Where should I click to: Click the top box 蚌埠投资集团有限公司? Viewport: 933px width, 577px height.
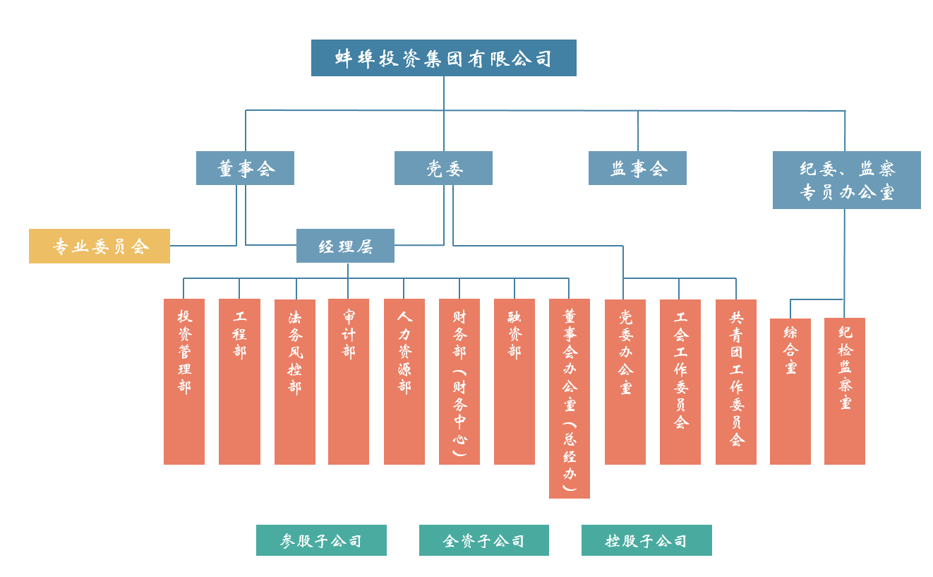pyautogui.click(x=443, y=58)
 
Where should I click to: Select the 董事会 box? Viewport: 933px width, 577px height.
pyautogui.click(x=245, y=168)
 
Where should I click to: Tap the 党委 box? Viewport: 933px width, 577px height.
pyautogui.click(x=443, y=168)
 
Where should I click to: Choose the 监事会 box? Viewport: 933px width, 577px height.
pyautogui.click(x=637, y=168)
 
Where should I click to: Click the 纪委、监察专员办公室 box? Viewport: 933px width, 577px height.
pyautogui.click(x=846, y=180)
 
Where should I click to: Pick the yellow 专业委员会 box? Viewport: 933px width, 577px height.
pyautogui.click(x=100, y=246)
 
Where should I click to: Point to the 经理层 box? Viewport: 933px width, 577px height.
pyautogui.click(x=345, y=246)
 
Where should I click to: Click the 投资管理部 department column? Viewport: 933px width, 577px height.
pyautogui.click(x=184, y=381)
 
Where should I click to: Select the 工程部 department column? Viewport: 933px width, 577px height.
pyautogui.click(x=239, y=381)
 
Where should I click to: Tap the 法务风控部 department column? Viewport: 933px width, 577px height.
pyautogui.click(x=295, y=381)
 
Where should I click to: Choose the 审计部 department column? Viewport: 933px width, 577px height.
pyautogui.click(x=349, y=381)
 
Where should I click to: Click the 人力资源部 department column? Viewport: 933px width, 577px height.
pyautogui.click(x=404, y=381)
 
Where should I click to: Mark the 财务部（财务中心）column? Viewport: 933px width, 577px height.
pyautogui.click(x=459, y=381)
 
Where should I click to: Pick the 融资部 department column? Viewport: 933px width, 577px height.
pyautogui.click(x=514, y=381)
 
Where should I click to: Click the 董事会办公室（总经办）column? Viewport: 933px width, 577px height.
pyautogui.click(x=570, y=398)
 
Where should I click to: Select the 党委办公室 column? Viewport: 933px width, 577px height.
pyautogui.click(x=625, y=381)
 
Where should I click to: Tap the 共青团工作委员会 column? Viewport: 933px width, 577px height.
pyautogui.click(x=736, y=381)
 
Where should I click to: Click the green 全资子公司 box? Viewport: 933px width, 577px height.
pyautogui.click(x=484, y=540)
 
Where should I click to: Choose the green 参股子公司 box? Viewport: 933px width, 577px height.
pyautogui.click(x=321, y=540)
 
